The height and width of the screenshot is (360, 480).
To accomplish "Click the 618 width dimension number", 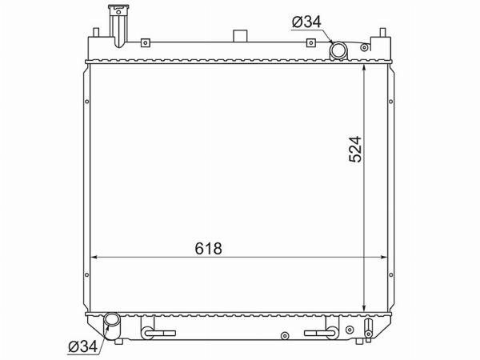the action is [208, 248].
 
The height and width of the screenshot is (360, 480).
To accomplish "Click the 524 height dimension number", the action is [355, 149].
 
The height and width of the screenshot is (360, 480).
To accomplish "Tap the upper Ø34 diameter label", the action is [306, 22].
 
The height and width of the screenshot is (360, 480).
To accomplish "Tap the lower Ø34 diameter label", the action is [82, 347].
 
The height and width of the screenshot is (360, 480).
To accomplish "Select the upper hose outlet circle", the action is [338, 50].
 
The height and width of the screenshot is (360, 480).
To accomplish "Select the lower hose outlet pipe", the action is [111, 326].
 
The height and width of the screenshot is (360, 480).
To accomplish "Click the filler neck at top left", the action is [118, 26].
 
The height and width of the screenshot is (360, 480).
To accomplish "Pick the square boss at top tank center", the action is [240, 36].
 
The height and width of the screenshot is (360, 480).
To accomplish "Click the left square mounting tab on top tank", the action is [146, 42].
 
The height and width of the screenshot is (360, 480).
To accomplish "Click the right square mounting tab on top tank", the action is [310, 42].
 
